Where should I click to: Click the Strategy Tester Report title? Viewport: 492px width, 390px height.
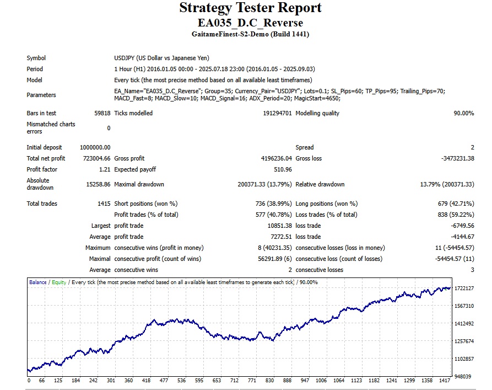tap(250, 8)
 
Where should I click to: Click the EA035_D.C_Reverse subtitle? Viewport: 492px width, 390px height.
tap(250, 23)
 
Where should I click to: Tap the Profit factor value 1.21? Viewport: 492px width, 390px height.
tap(105, 169)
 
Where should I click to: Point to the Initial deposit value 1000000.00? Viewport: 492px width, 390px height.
tap(95, 147)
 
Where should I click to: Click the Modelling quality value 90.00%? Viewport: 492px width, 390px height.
tap(463, 113)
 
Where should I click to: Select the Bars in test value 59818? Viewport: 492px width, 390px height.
tap(102, 113)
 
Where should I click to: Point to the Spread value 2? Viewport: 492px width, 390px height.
tap(472, 147)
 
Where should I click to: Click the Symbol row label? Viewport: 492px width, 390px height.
tap(36, 58)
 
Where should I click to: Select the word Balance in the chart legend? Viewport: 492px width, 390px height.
tap(37, 282)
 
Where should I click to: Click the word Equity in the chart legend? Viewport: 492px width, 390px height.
tap(59, 282)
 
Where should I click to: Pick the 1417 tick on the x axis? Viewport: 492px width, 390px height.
tap(444, 381)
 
